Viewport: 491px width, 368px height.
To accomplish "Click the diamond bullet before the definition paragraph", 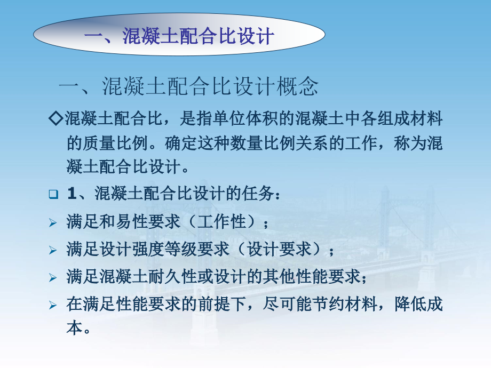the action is (57, 118).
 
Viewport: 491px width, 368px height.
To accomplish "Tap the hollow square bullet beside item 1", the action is (53, 194).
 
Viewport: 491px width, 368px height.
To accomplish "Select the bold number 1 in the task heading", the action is (72, 194).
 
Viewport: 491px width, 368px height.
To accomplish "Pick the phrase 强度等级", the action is (165, 250).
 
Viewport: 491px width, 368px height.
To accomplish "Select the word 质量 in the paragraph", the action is (99, 143).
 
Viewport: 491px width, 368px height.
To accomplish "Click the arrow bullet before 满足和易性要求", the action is (53, 222).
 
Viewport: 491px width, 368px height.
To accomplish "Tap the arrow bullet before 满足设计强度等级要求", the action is (53, 250).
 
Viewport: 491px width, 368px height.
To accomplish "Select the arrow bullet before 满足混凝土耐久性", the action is (53, 277).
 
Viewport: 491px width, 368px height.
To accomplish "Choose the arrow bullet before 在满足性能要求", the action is (53, 305).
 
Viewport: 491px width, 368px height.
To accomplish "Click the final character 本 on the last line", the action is (75, 328).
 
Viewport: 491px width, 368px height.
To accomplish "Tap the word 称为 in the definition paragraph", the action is (410, 143).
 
